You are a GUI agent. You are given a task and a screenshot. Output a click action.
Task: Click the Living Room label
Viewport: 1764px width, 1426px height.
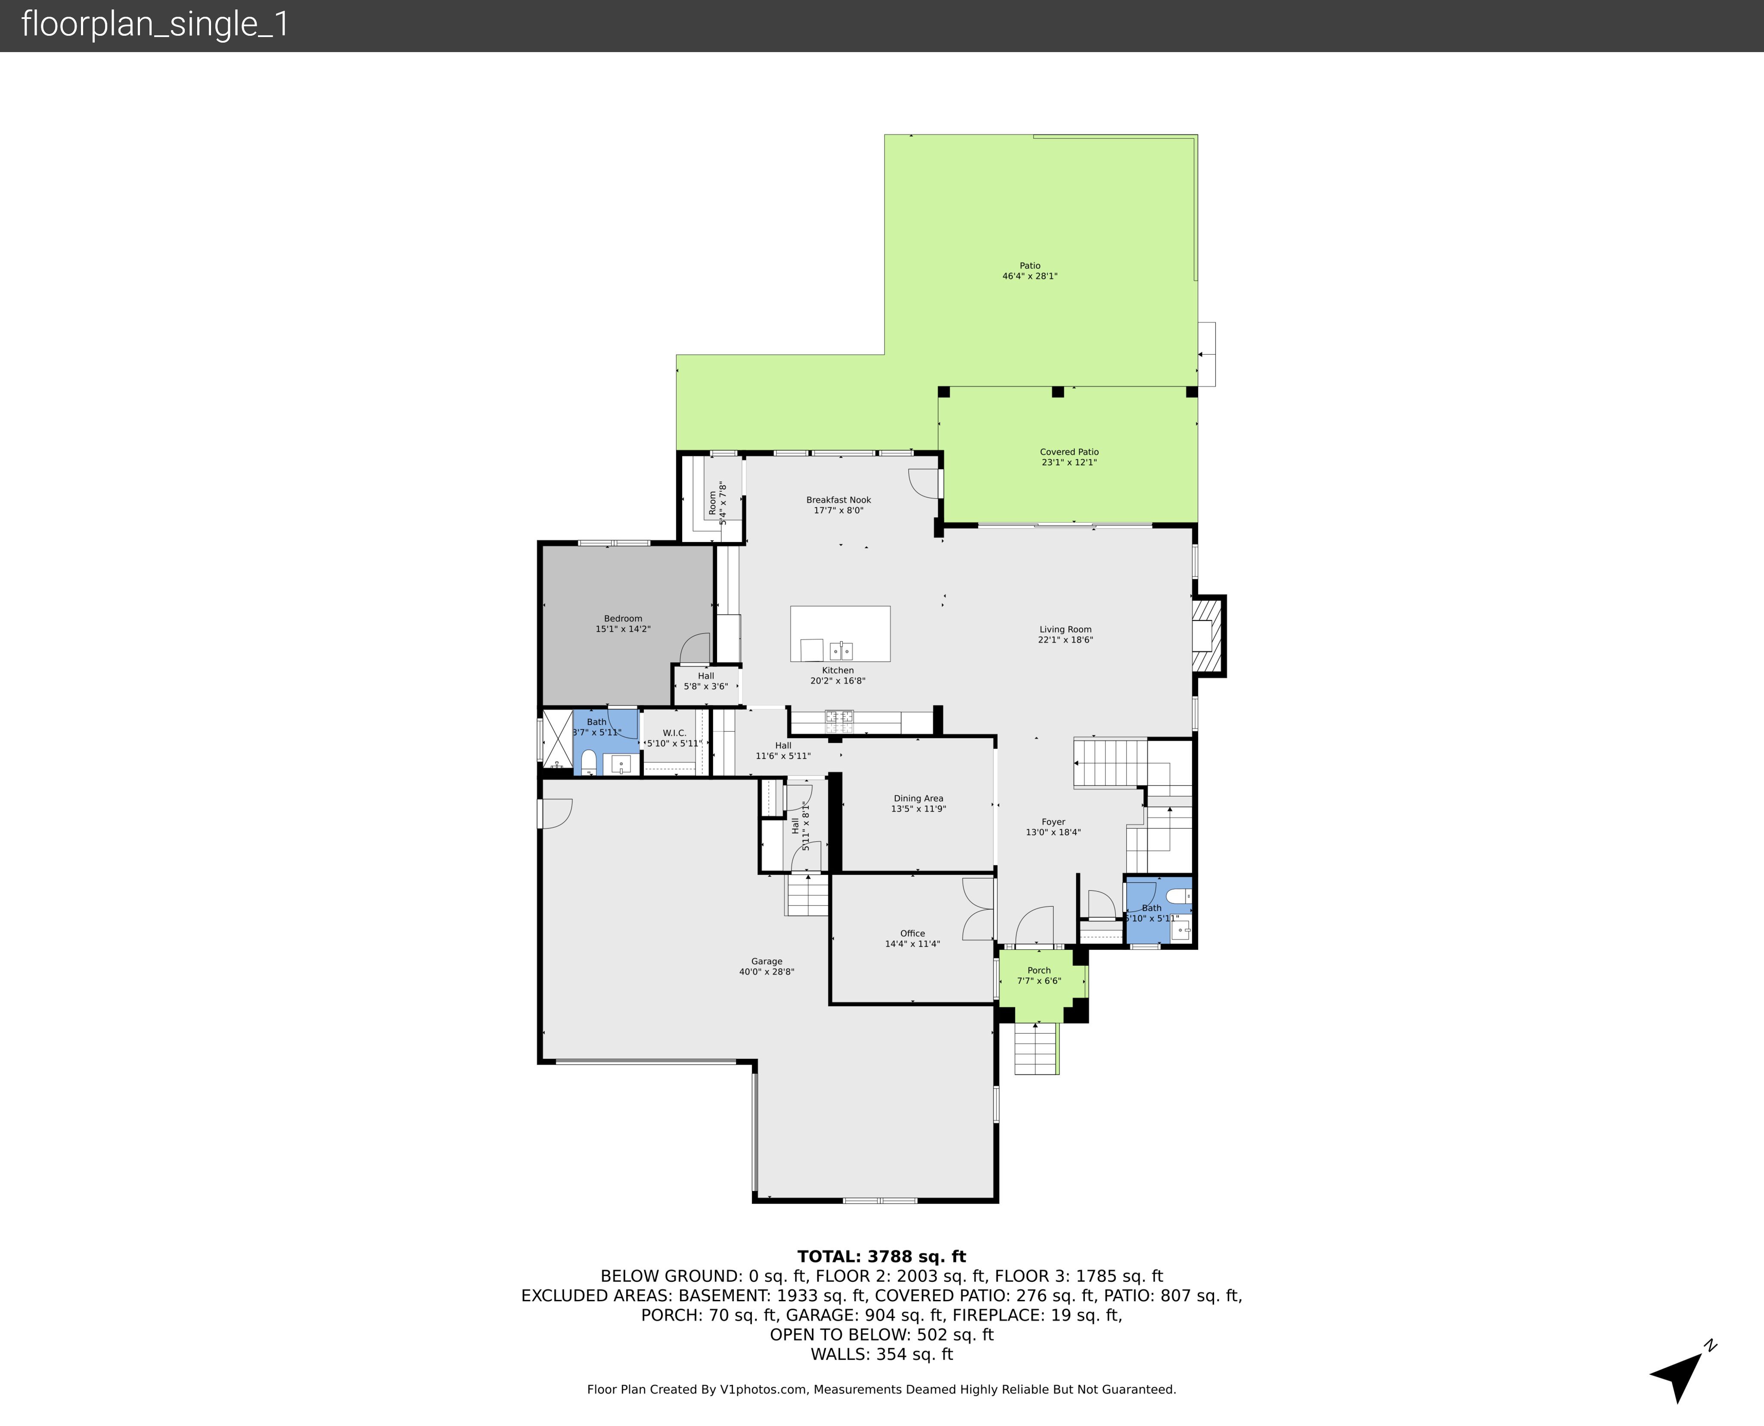[x=1065, y=629]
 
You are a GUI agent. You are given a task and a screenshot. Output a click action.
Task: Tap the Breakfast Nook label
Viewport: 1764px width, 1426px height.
[x=838, y=499]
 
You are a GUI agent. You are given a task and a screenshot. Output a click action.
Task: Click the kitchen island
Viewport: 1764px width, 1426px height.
[x=840, y=633]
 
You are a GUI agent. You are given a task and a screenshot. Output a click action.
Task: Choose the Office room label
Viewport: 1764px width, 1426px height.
[x=912, y=933]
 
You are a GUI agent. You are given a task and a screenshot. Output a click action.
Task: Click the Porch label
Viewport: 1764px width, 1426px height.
[x=1038, y=970]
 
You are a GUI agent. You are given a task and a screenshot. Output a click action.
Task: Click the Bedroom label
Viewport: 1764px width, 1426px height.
[x=623, y=619]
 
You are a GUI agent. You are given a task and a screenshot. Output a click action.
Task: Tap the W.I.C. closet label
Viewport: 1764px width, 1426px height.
[x=674, y=733]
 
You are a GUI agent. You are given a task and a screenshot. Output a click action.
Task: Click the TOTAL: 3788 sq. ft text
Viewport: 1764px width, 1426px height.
[x=882, y=1256]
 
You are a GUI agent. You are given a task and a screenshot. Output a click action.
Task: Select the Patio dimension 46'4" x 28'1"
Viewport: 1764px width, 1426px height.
[x=1029, y=276]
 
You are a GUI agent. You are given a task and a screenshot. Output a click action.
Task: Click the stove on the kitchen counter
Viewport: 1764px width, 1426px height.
[x=839, y=720]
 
